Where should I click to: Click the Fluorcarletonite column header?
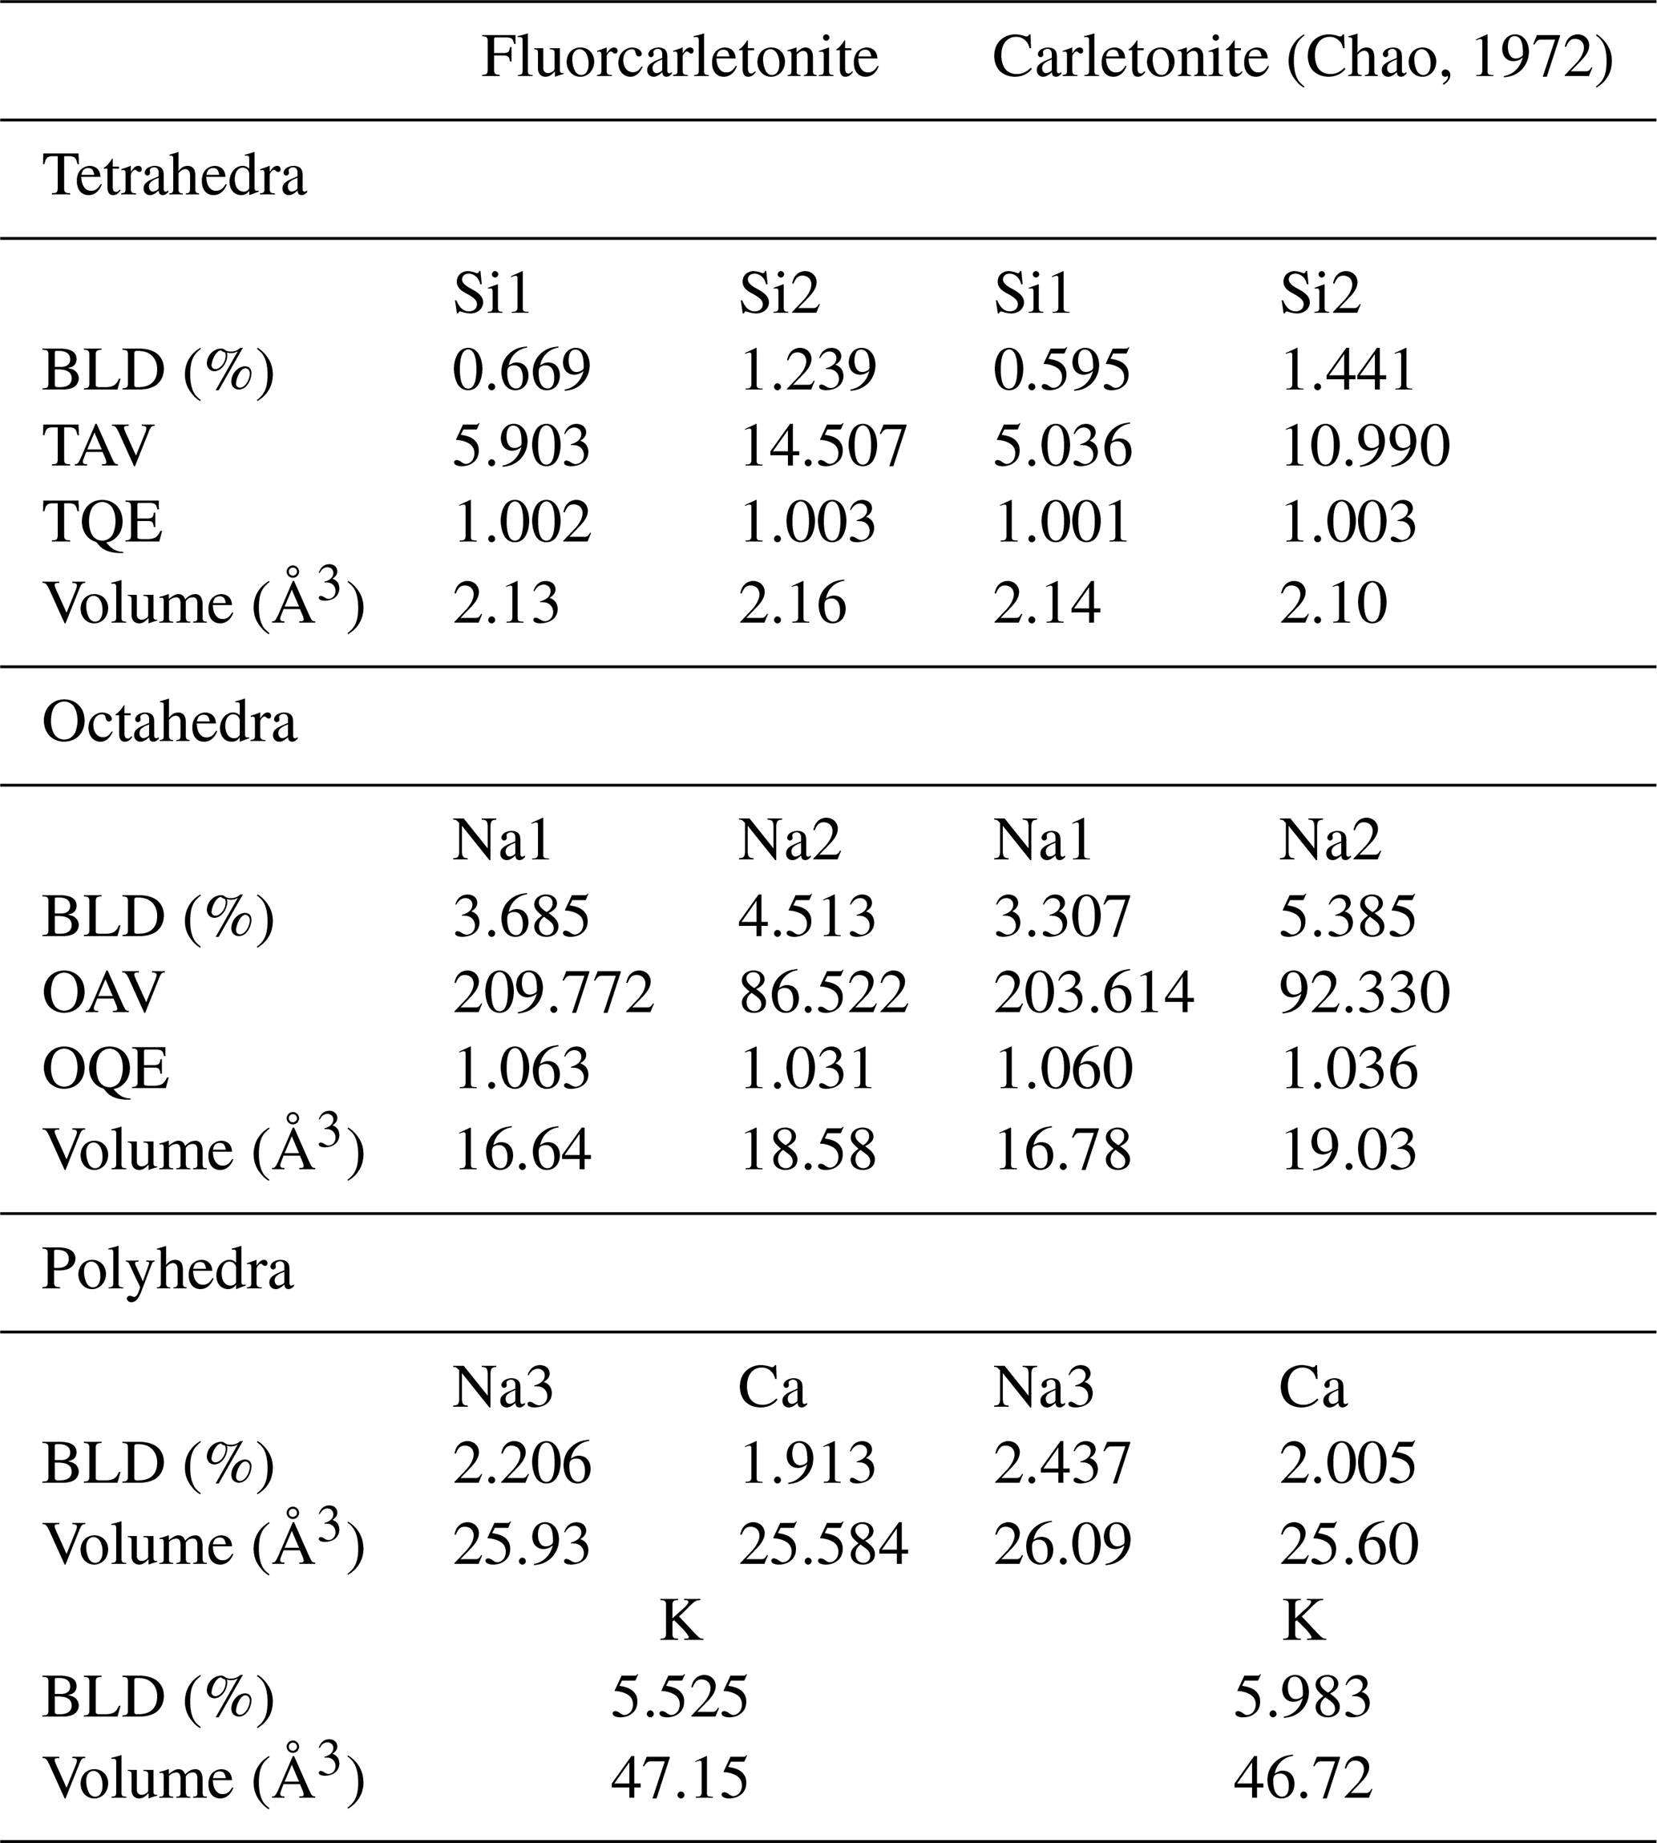click(x=679, y=59)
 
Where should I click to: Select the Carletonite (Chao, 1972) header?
click(x=1302, y=59)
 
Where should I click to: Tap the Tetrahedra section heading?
click(x=174, y=176)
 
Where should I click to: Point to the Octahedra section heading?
click(x=169, y=723)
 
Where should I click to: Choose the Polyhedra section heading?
click(x=168, y=1269)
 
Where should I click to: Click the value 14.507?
click(x=823, y=447)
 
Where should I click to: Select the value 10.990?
click(x=1364, y=447)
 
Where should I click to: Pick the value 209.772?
click(x=554, y=992)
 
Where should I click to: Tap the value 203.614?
click(x=1093, y=992)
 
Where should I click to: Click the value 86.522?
click(x=823, y=992)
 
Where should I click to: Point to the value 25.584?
click(x=823, y=1544)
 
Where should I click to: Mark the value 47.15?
click(x=679, y=1778)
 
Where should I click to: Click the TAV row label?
click(x=98, y=447)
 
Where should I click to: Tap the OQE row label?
click(x=106, y=1069)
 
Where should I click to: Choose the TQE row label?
click(x=103, y=523)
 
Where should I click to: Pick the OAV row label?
click(x=103, y=992)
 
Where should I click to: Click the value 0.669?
click(x=522, y=370)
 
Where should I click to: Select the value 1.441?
click(x=1348, y=370)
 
